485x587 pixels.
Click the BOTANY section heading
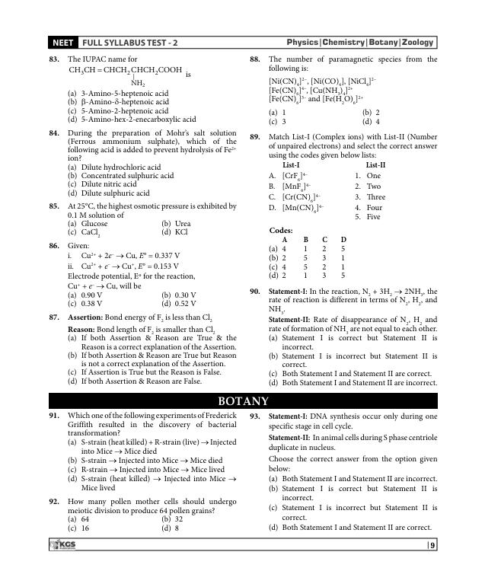(x=243, y=401)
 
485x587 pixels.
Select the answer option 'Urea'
(x=183, y=224)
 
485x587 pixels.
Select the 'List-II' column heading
(x=375, y=164)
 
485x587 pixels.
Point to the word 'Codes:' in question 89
(x=282, y=230)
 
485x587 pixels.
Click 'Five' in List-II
(x=374, y=217)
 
